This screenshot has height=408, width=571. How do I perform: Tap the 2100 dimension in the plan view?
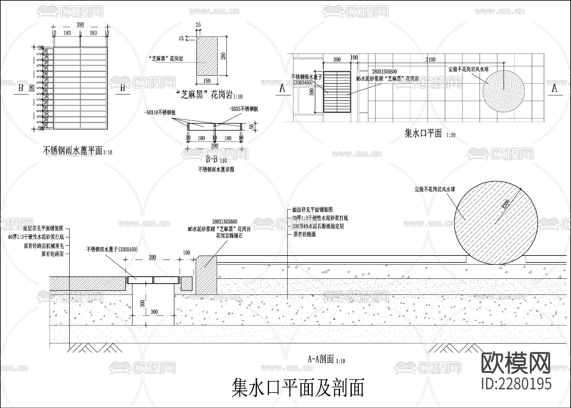point(430,59)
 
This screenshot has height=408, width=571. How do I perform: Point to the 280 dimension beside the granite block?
point(223,56)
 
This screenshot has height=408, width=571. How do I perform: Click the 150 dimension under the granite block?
point(207,81)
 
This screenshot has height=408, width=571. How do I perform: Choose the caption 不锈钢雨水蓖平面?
point(73,151)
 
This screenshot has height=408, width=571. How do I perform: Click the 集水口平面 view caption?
point(423,133)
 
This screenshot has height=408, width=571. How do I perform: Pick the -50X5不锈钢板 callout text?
point(243,109)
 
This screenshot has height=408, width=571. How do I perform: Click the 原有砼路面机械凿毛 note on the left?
point(44,246)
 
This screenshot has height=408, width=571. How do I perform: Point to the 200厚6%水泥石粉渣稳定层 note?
point(318,226)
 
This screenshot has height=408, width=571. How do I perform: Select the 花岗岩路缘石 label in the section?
point(229,236)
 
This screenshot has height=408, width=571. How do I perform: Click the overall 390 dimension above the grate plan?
point(80,24)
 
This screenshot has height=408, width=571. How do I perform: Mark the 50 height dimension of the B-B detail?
point(252,126)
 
